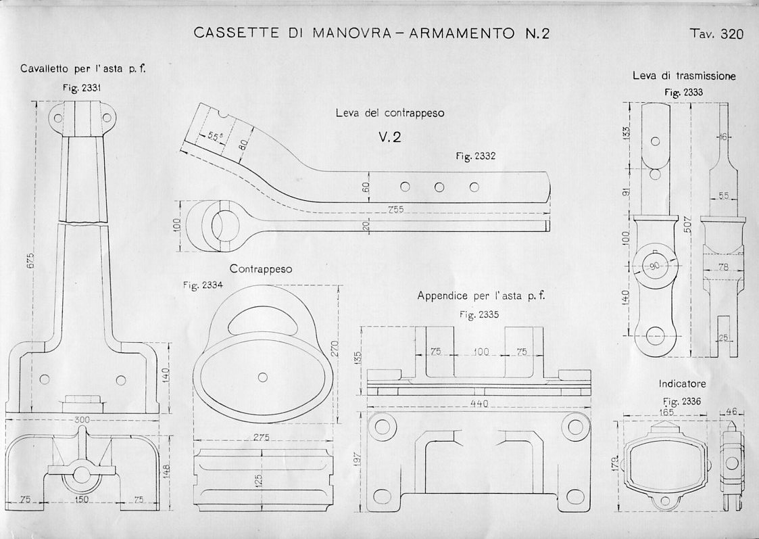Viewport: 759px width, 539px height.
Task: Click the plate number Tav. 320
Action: coord(716,34)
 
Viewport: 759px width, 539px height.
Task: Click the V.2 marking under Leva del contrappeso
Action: coord(390,137)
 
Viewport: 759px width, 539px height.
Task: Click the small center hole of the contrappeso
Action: coord(263,377)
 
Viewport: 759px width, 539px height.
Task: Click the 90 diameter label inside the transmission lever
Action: coord(654,266)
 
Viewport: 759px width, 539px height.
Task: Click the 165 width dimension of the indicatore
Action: coord(668,411)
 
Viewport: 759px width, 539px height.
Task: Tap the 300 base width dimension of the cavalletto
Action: coord(82,420)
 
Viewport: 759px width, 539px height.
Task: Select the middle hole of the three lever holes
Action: coord(439,187)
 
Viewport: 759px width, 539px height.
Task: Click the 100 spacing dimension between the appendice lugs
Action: coord(481,352)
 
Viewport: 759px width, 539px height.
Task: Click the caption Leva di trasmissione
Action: coord(684,76)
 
